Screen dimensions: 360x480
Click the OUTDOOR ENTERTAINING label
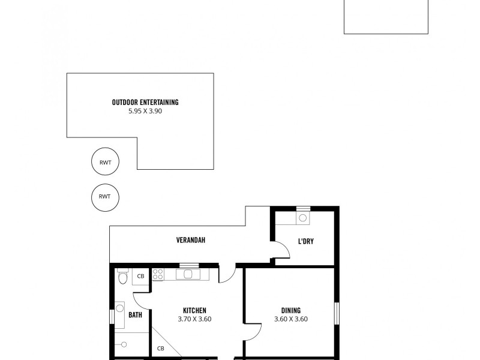[145, 103]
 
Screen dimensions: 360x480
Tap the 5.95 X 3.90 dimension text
[145, 111]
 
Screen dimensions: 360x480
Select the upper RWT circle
[105, 161]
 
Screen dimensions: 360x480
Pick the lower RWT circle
[105, 196]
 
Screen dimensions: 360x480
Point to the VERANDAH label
[191, 240]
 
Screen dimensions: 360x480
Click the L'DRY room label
[306, 242]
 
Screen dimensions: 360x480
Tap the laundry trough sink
[303, 218]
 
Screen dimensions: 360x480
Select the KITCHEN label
[194, 310]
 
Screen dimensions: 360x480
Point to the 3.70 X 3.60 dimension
[194, 319]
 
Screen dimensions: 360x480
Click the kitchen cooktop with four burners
[158, 274]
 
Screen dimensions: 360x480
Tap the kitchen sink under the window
[189, 274]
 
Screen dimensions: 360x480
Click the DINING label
[290, 310]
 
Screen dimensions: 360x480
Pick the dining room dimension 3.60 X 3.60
[290, 319]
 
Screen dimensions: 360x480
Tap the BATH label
[135, 314]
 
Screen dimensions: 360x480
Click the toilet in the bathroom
[122, 277]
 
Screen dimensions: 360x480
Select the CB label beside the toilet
[140, 276]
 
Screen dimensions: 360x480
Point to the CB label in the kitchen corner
[160, 348]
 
